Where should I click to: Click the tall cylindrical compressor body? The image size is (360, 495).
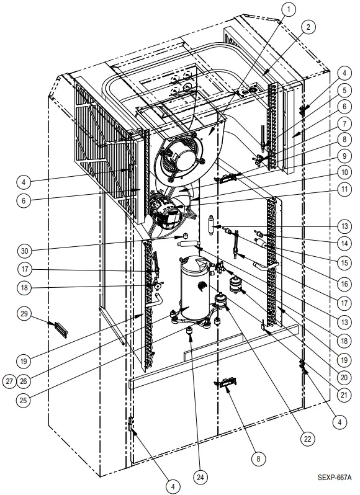(x=196, y=285)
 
